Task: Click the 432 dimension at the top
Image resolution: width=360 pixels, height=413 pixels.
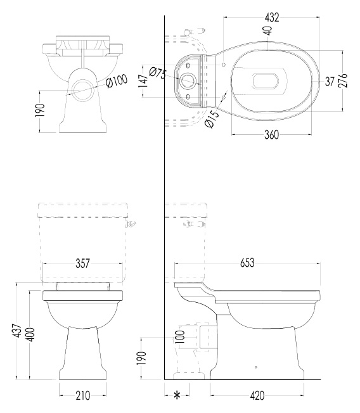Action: (x=272, y=17)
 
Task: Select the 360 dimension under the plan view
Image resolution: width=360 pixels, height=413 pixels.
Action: (x=271, y=135)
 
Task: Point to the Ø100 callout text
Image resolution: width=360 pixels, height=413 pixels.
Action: (x=117, y=81)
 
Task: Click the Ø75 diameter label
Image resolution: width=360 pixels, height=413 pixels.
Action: (x=158, y=73)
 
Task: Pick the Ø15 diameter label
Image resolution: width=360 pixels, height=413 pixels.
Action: (x=212, y=119)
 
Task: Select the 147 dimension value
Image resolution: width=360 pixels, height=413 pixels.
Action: (x=144, y=81)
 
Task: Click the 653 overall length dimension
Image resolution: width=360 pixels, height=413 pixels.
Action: (x=247, y=263)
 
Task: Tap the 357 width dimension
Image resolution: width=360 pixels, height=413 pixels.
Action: (x=83, y=263)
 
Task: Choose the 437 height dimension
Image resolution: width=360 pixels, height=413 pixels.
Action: (x=18, y=331)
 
